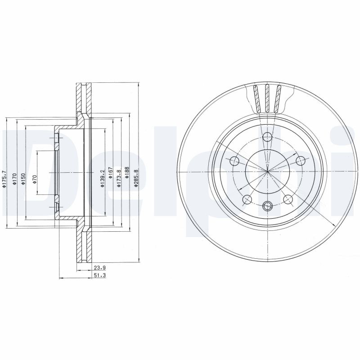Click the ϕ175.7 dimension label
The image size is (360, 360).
pos(4,179)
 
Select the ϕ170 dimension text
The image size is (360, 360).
pos(14,180)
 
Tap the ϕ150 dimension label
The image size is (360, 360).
pos(23,180)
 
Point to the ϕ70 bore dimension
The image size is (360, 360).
pos(35,180)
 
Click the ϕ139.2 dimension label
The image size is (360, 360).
pos(103,178)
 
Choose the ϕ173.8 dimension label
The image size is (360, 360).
pos(119,178)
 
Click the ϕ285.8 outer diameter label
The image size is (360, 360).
pos(136,178)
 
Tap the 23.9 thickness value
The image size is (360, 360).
pos(99,267)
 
